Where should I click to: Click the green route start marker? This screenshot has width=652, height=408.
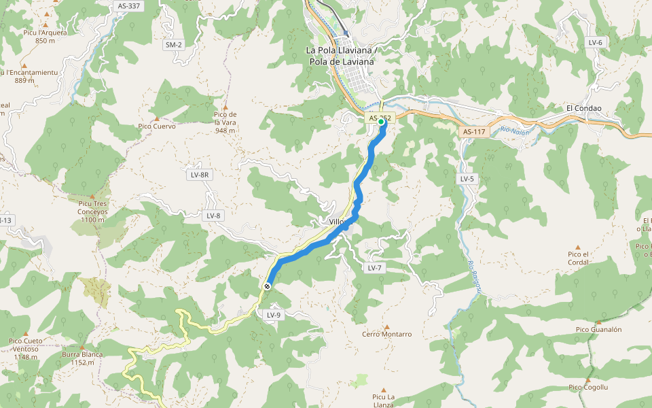click(x=382, y=122)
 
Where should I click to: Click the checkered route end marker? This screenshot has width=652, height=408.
click(x=268, y=287)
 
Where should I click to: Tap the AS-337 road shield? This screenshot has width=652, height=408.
click(x=128, y=6)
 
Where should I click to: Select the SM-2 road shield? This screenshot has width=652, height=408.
click(x=174, y=45)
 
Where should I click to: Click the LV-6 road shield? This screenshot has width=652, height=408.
click(x=596, y=42)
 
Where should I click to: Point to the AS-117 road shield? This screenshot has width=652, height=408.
click(x=473, y=132)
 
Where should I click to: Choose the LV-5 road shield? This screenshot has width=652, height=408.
click(x=467, y=179)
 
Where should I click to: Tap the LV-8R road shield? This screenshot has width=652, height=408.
click(x=200, y=175)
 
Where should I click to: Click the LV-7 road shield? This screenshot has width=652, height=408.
click(x=375, y=268)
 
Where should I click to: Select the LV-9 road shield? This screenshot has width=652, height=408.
click(x=274, y=315)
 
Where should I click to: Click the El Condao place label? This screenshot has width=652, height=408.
click(x=583, y=108)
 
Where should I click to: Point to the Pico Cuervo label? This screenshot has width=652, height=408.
click(x=157, y=126)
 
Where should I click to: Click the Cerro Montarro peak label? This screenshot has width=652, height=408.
click(x=387, y=334)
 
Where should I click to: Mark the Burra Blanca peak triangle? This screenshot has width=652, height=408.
click(x=82, y=347)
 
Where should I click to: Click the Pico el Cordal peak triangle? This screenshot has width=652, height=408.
click(x=578, y=248)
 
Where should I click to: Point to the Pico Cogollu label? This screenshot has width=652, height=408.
click(x=588, y=387)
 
